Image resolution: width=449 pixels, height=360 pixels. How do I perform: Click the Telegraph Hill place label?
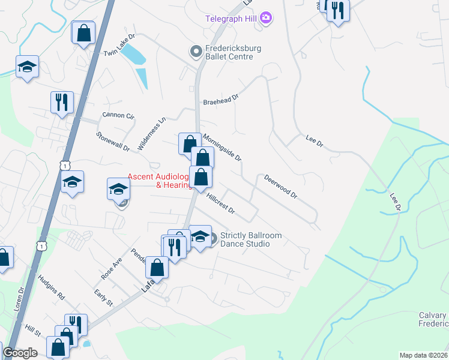point(231,18)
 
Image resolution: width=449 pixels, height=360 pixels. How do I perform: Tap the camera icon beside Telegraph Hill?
point(266,18)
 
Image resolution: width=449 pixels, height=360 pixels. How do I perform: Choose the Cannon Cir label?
point(118,115)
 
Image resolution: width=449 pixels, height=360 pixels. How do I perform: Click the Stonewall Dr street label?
point(112,142)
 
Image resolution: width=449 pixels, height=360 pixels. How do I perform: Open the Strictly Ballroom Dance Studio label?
point(251,239)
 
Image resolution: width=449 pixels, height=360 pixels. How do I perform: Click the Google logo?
point(20,353)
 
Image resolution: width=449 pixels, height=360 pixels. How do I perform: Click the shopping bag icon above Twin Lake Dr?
point(83,34)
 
